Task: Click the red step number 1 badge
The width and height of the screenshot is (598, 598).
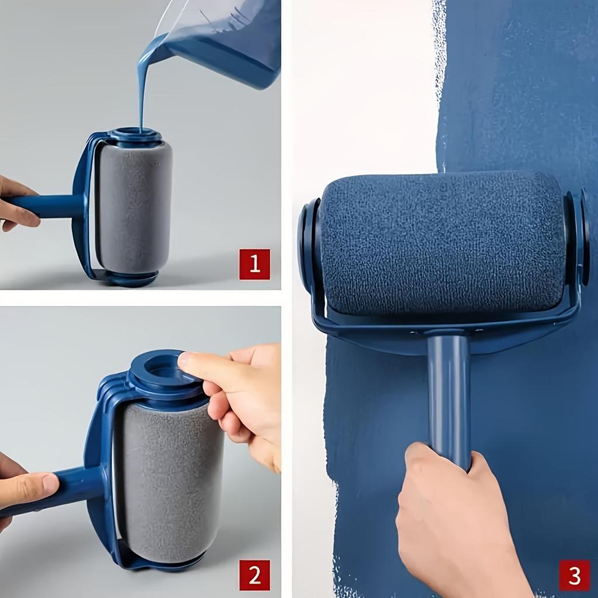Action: [x=255, y=264]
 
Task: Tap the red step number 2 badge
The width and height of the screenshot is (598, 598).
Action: [x=255, y=575]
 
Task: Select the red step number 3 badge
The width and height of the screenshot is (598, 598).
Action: [x=574, y=575]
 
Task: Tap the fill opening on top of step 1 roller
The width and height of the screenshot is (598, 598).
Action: [x=135, y=134]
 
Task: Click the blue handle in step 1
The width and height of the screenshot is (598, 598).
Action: [x=47, y=206]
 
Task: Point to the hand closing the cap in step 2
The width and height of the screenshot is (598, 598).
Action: [x=245, y=397]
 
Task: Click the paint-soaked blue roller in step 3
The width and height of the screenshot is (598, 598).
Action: [x=441, y=242]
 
